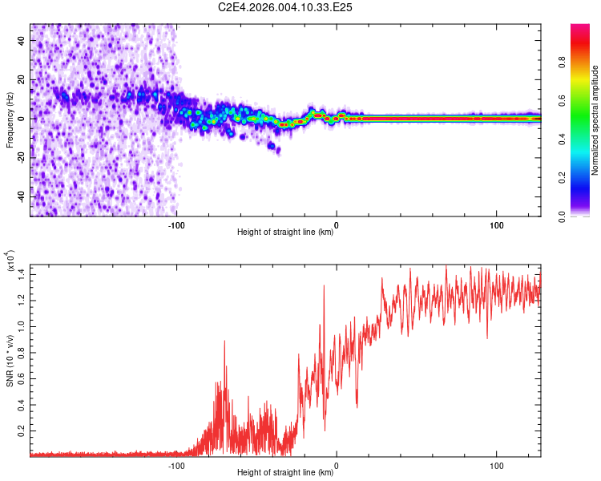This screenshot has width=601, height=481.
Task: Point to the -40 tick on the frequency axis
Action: [x=20, y=196]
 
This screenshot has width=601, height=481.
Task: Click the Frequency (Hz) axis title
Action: [x=9, y=119]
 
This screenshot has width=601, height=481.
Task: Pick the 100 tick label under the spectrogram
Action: [x=496, y=224]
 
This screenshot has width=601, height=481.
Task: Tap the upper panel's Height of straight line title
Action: [x=285, y=232]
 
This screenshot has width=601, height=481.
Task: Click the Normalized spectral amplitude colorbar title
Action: [x=595, y=120]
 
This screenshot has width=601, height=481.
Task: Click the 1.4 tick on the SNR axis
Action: [x=22, y=274]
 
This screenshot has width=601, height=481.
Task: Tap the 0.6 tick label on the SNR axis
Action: [x=22, y=378]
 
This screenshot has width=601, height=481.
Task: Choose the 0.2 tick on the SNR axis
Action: [x=22, y=430]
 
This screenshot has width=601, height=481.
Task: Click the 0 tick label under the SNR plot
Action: [x=337, y=464]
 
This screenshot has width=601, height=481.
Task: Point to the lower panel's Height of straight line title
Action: [x=285, y=473]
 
